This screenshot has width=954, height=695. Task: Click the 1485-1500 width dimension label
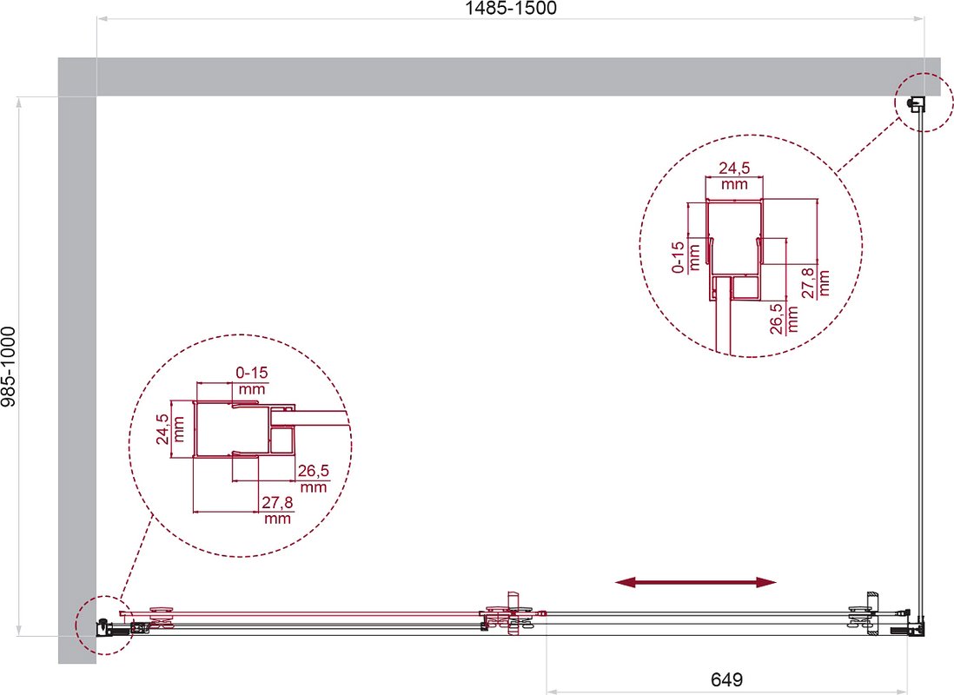click(x=511, y=8)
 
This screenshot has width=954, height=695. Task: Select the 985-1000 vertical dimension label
click(x=8, y=367)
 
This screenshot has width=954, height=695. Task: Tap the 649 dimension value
click(x=726, y=679)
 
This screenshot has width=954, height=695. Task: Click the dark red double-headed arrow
click(x=695, y=582)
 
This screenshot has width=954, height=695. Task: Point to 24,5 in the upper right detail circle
click(x=734, y=168)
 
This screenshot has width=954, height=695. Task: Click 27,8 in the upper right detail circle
click(x=808, y=283)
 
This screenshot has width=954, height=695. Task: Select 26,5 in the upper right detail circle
click(x=777, y=319)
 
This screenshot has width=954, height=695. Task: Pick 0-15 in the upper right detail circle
click(x=678, y=257)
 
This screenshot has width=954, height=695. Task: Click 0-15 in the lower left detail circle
click(x=252, y=373)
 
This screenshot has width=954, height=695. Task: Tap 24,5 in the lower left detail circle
click(x=162, y=429)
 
